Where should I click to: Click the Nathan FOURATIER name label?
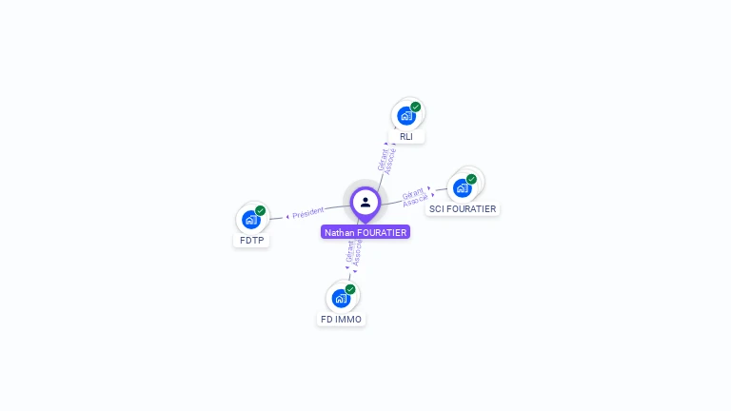click(x=365, y=232)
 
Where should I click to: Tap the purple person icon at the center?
click(x=365, y=202)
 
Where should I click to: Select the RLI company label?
click(x=406, y=137)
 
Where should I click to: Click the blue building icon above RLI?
click(x=406, y=116)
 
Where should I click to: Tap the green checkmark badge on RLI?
click(x=416, y=107)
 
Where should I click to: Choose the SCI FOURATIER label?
click(x=463, y=208)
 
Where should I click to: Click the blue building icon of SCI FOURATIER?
click(x=463, y=187)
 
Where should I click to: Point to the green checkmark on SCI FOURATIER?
click(x=471, y=179)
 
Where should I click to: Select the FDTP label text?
click(x=251, y=240)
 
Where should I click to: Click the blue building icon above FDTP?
click(x=250, y=220)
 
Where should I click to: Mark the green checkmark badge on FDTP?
click(x=260, y=210)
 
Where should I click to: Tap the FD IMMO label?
click(x=341, y=320)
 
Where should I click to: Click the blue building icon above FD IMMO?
click(x=341, y=298)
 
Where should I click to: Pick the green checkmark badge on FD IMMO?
click(x=350, y=289)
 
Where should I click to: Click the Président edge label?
click(x=308, y=213)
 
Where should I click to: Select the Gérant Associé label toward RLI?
click(x=386, y=158)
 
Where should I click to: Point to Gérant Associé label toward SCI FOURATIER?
click(x=414, y=196)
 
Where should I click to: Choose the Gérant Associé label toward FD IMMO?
click(x=353, y=251)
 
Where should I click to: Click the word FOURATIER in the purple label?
click(x=382, y=232)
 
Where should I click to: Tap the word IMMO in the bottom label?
click(x=348, y=320)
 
